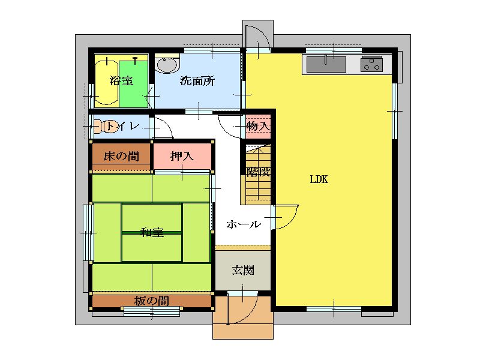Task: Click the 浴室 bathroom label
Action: (x=122, y=81)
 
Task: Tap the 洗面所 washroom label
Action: (x=197, y=81)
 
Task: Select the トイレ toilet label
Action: (x=122, y=126)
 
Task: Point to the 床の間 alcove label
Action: (x=121, y=156)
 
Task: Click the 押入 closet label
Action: (x=182, y=156)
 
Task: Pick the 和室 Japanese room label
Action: (x=152, y=232)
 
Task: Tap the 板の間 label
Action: (x=152, y=301)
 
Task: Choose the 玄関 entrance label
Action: (x=243, y=271)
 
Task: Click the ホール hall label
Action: (x=244, y=224)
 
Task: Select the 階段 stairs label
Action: (x=259, y=172)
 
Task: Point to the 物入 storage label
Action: (x=259, y=126)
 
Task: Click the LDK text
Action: (x=319, y=179)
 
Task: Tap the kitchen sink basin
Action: (x=326, y=64)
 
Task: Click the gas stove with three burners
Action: (x=371, y=64)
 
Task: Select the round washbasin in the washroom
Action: (x=167, y=65)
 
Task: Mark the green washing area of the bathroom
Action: (x=133, y=84)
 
